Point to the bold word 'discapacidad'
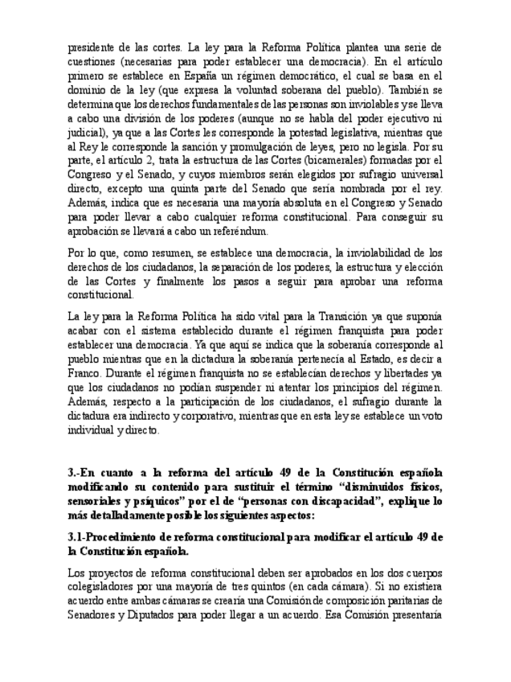tap(335, 501)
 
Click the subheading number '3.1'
tap(77, 536)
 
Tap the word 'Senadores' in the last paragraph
tap(97, 616)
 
